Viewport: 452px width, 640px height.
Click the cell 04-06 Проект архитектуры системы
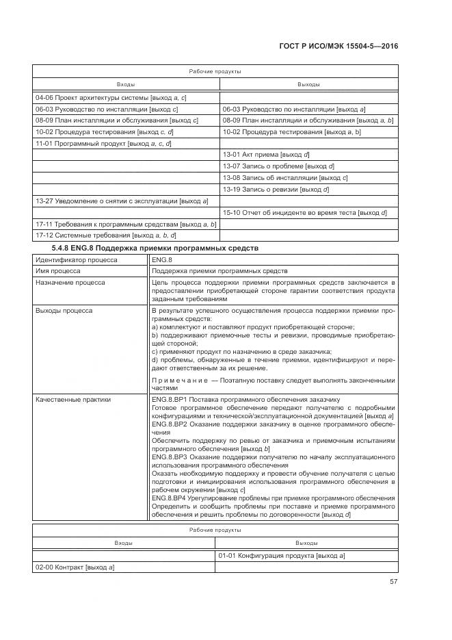pos(111,98)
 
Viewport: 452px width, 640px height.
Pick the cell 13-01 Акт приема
pos(266,155)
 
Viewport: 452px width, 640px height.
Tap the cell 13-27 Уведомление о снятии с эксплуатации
pos(122,201)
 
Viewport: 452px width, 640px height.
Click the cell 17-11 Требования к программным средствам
pos(126,224)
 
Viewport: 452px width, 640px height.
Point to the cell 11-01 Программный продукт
pos(103,144)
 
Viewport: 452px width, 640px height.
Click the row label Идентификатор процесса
pos(76,260)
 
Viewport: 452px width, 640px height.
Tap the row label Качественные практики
pos(72,399)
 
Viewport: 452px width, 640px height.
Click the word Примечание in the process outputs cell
pos(170,381)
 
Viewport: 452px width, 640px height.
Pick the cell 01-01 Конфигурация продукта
pos(281,556)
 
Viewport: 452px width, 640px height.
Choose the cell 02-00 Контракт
pos(75,567)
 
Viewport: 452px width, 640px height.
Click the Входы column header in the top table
pos(126,84)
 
